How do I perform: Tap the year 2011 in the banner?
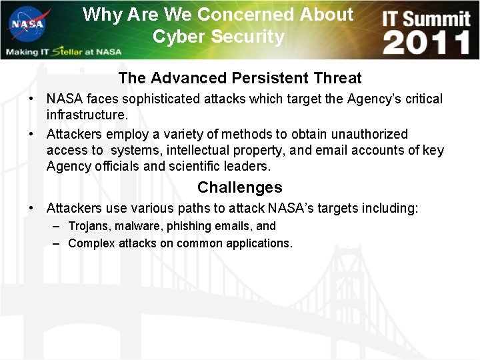tap(427, 43)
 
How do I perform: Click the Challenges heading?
tap(239, 187)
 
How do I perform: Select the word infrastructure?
tap(86, 115)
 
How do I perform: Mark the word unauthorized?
tap(370, 134)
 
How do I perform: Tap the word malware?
tap(137, 226)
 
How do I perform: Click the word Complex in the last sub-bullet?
tap(91, 243)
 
